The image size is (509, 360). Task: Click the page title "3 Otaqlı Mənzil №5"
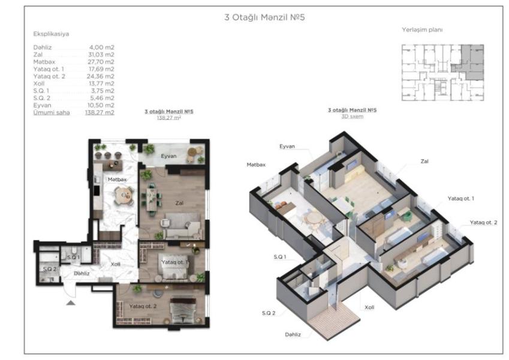click(x=264, y=17)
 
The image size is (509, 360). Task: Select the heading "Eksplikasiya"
click(x=51, y=34)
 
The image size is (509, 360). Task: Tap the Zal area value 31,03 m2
click(x=101, y=55)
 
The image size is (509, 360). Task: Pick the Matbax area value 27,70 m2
click(x=101, y=62)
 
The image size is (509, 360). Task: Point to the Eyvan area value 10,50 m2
click(x=101, y=105)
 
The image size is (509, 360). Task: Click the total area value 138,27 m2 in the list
click(x=100, y=112)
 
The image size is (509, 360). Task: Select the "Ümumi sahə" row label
click(x=52, y=112)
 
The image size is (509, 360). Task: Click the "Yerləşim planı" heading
click(x=422, y=30)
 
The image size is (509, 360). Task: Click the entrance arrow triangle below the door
click(x=71, y=303)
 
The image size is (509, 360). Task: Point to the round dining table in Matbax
click(x=124, y=195)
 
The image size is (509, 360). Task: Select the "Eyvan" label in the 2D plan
click(x=169, y=156)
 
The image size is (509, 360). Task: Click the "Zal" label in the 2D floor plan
click(x=179, y=203)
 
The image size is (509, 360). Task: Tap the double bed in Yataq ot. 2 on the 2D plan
click(x=182, y=310)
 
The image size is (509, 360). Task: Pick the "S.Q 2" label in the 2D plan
click(x=50, y=269)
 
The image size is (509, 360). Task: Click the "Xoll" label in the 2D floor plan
click(x=116, y=264)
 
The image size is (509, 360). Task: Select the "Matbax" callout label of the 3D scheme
click(x=256, y=165)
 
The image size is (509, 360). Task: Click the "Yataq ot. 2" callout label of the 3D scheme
click(x=483, y=223)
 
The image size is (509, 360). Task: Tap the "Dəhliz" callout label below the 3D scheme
click(x=293, y=334)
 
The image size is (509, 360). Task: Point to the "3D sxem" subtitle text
click(x=352, y=116)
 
